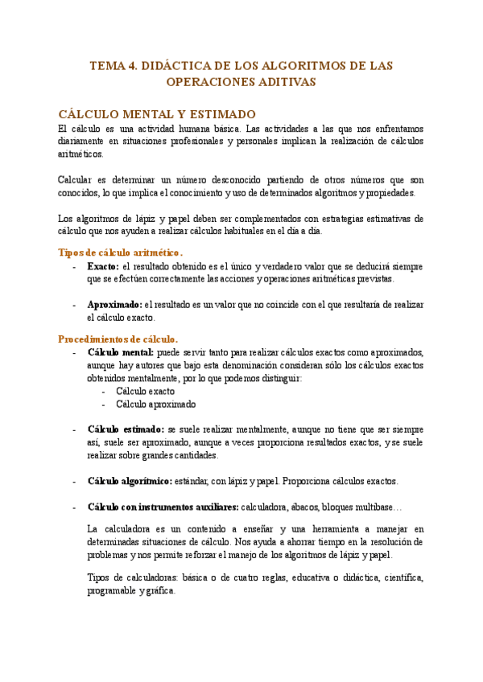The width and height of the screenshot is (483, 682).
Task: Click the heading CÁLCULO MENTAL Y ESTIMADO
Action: [x=158, y=114]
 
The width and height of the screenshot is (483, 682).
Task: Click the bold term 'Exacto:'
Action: [x=103, y=266]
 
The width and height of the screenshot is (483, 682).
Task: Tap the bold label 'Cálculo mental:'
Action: [x=121, y=353]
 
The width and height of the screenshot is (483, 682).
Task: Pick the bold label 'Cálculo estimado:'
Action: [x=126, y=429]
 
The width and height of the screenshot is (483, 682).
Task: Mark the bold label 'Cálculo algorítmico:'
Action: [x=129, y=481]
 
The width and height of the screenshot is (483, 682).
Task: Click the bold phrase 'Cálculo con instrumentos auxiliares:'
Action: [x=163, y=507]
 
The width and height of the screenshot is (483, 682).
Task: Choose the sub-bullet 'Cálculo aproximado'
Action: [x=156, y=405]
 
